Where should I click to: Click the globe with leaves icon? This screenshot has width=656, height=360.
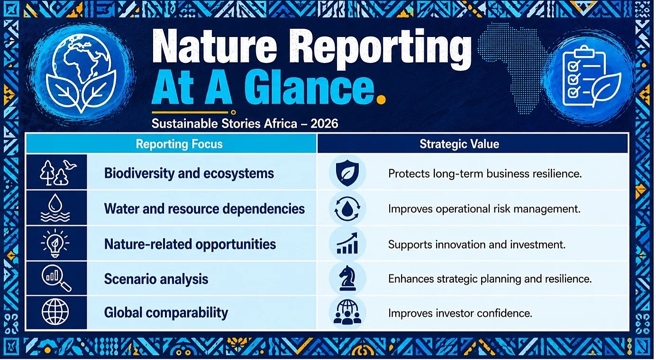pyautogui.click(x=81, y=73)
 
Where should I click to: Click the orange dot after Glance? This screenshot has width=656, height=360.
pyautogui.click(x=381, y=100)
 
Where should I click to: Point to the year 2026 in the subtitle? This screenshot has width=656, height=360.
pyautogui.click(x=324, y=124)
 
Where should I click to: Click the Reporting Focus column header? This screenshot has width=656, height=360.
pyautogui.click(x=179, y=144)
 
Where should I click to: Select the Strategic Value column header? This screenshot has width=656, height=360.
pyautogui.click(x=459, y=144)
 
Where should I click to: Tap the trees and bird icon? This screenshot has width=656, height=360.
pyautogui.click(x=57, y=172)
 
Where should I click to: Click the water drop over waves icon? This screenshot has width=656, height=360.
pyautogui.click(x=55, y=208)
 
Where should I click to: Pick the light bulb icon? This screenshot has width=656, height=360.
pyautogui.click(x=55, y=243)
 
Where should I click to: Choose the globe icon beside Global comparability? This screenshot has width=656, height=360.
pyautogui.click(x=55, y=312)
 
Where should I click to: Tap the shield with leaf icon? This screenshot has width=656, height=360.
pyautogui.click(x=347, y=173)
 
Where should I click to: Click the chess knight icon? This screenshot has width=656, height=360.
pyautogui.click(x=347, y=278)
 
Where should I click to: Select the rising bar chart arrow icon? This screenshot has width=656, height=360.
pyautogui.click(x=347, y=243)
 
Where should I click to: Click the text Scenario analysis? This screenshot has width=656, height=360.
pyautogui.click(x=156, y=279)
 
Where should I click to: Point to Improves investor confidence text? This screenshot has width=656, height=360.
pyautogui.click(x=460, y=313)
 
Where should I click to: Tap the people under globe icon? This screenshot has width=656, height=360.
pyautogui.click(x=347, y=312)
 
